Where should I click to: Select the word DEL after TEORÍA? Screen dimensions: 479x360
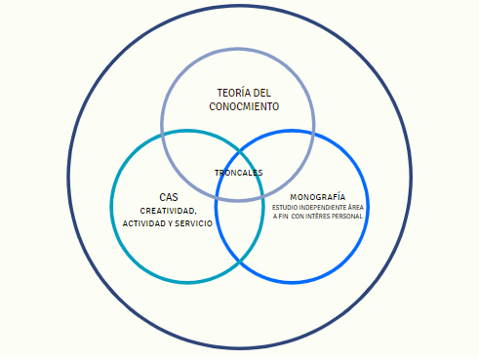(262, 93)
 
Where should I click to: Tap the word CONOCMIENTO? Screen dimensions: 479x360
(244, 106)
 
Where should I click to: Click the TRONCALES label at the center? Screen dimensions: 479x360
(239, 173)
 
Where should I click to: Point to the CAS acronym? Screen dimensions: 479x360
(169, 197)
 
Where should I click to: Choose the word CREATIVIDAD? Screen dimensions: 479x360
(168, 211)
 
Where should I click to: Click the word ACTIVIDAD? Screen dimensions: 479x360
(144, 223)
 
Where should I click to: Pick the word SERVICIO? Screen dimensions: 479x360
(194, 223)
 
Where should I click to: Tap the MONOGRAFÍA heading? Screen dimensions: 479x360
(318, 197)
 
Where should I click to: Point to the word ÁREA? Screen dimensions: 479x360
(356, 207)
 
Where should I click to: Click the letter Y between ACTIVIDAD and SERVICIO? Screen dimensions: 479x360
(171, 223)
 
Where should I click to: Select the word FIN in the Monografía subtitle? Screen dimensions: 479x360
(283, 217)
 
